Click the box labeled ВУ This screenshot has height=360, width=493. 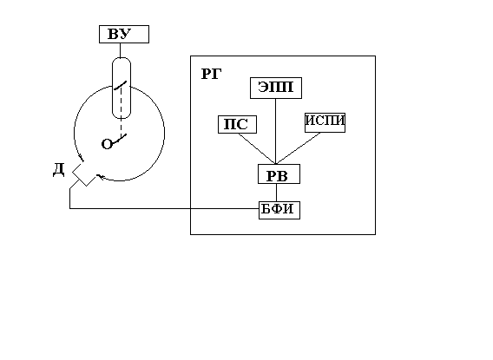(124, 34)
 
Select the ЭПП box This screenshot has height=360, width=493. (276, 88)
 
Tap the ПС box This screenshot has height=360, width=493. (237, 124)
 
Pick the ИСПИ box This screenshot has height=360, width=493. (325, 122)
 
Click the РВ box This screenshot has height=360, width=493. (279, 173)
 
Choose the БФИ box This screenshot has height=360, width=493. (279, 210)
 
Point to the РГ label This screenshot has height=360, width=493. (211, 75)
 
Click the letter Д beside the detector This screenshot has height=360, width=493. (59, 170)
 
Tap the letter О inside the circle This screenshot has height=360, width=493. (107, 144)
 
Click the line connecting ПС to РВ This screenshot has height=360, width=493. (257, 148)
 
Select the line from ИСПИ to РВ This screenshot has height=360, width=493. (298, 148)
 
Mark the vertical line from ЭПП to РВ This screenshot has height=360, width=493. (276, 131)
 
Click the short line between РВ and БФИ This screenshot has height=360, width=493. (277, 193)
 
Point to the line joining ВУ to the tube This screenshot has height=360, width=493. (120, 50)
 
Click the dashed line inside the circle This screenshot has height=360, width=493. (121, 114)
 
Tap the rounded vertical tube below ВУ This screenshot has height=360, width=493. (122, 88)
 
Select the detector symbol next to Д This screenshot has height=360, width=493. (83, 173)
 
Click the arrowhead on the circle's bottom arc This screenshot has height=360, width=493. (100, 177)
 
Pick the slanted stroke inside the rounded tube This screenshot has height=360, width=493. (120, 85)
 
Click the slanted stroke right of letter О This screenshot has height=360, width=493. (120, 139)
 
